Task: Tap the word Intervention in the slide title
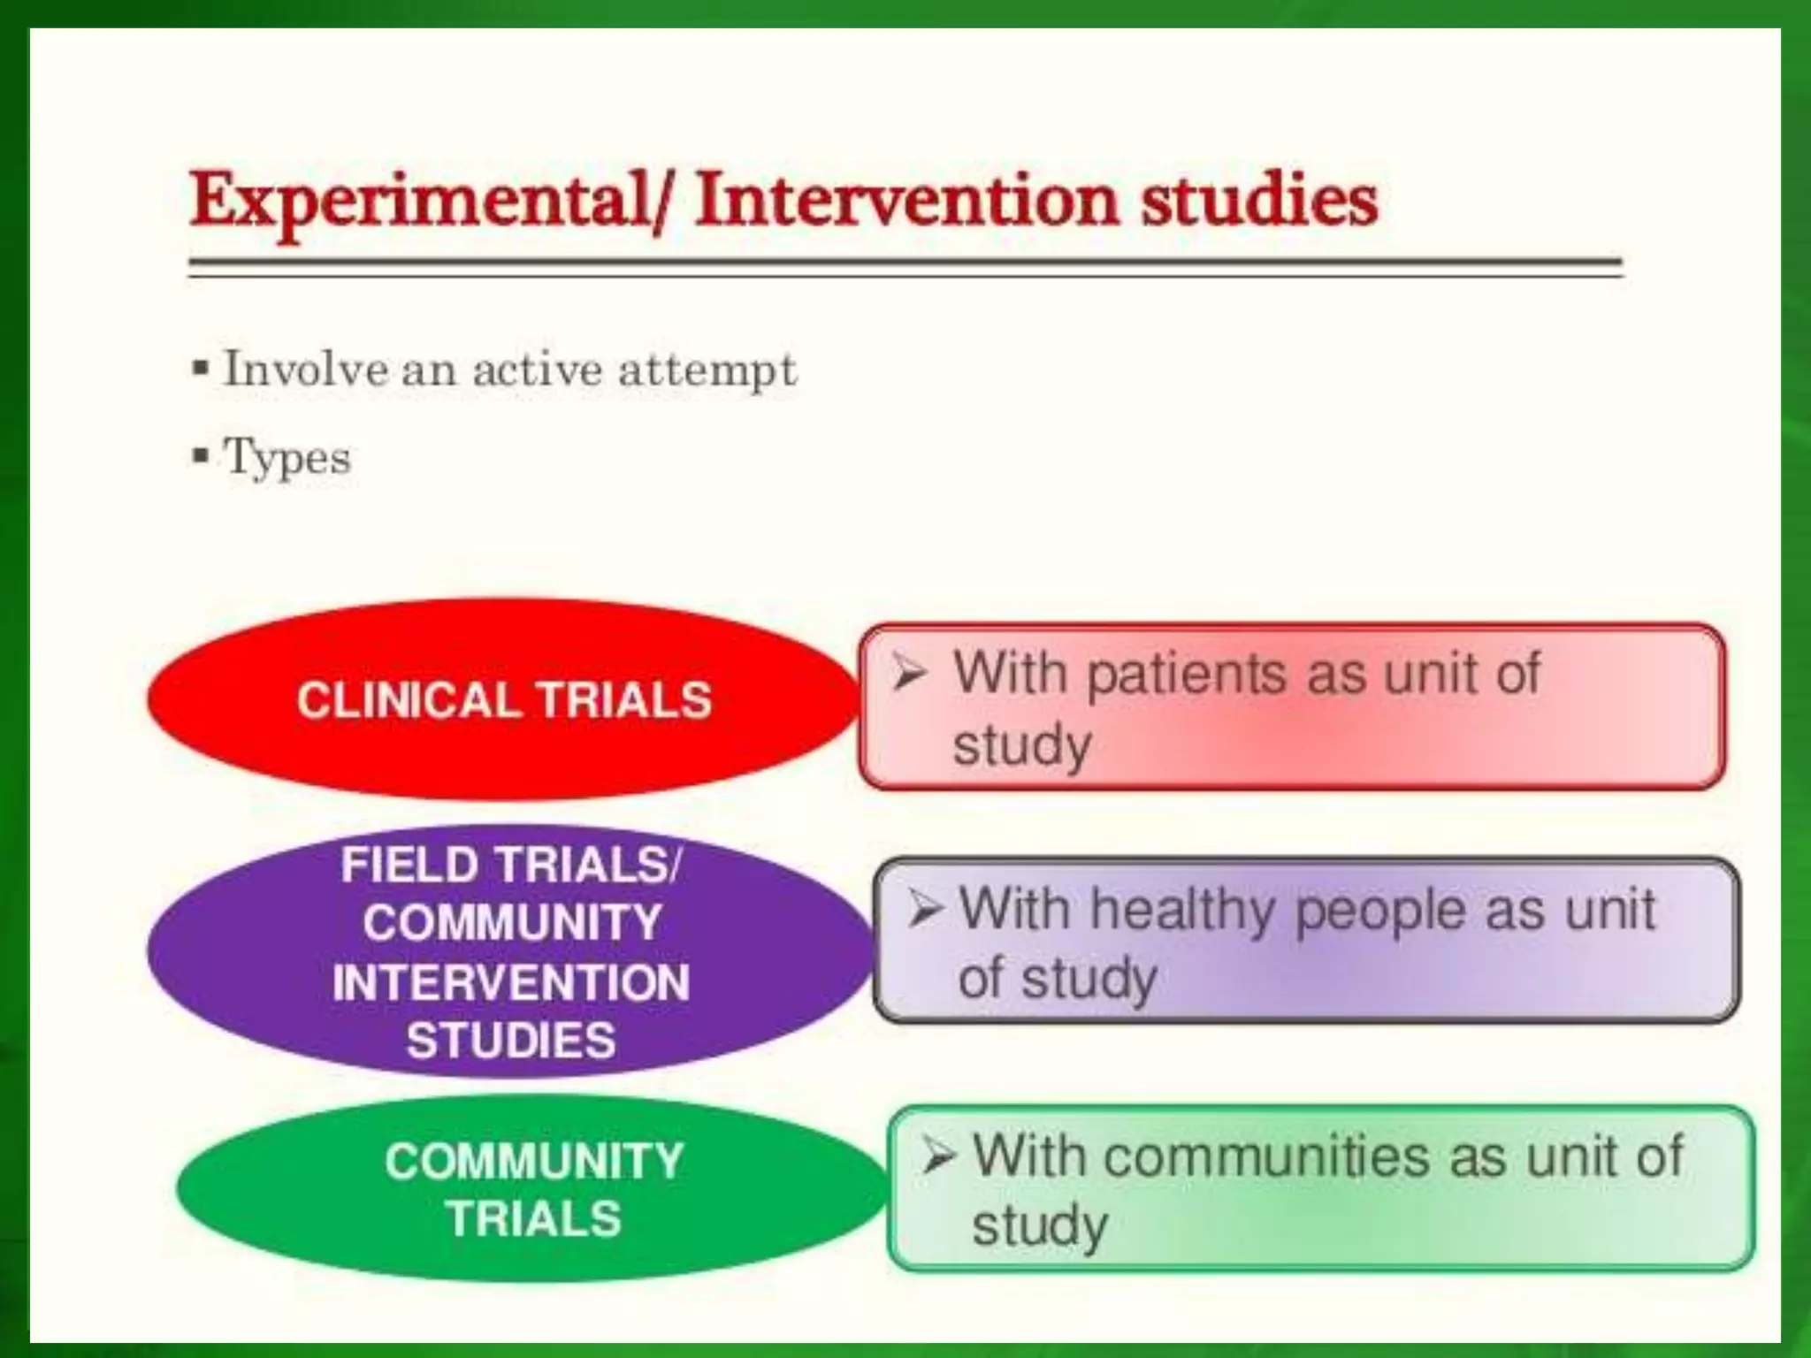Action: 907,200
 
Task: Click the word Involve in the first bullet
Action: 305,369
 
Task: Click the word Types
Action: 287,459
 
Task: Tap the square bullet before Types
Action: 201,456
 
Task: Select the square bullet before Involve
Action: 201,367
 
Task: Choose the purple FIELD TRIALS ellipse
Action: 510,951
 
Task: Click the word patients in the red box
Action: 1188,675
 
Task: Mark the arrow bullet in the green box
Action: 938,1155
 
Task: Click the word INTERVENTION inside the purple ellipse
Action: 510,982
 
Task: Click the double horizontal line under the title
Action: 905,268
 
